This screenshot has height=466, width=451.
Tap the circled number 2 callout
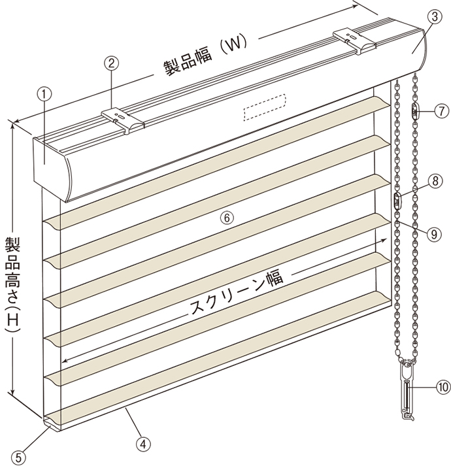[111, 63]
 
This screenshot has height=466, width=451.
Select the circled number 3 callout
[435, 17]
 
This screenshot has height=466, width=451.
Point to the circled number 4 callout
[143, 444]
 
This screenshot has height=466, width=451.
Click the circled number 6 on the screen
[227, 218]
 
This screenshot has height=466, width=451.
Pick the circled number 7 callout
[442, 111]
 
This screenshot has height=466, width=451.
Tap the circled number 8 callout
[435, 181]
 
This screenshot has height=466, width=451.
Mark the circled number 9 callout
[434, 234]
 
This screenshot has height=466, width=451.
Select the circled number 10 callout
[443, 387]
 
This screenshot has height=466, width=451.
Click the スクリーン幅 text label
[237, 293]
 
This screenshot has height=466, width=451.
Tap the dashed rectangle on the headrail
[265, 107]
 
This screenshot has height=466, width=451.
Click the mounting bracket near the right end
[355, 41]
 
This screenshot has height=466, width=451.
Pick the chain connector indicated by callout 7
[415, 111]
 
